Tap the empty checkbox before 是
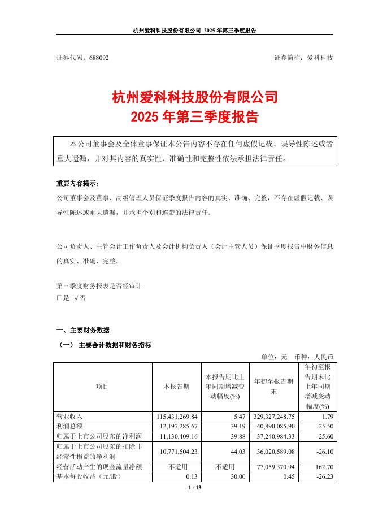(x=59, y=298)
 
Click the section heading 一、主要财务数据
(x=83, y=331)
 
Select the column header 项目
(x=102, y=387)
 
